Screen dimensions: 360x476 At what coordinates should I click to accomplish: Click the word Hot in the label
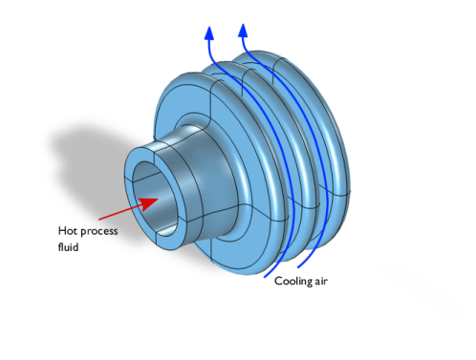pyautogui.click(x=68, y=231)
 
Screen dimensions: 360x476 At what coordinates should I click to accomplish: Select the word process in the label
pyautogui.click(x=99, y=232)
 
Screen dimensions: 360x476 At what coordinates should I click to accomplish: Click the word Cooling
pyautogui.click(x=294, y=281)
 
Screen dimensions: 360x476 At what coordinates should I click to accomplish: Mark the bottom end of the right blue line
pyautogui.click(x=298, y=266)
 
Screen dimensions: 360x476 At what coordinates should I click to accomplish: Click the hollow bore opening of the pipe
pyautogui.click(x=156, y=196)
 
